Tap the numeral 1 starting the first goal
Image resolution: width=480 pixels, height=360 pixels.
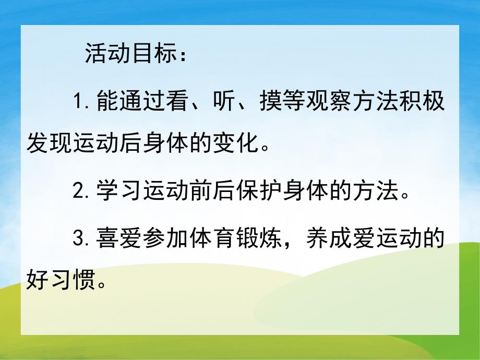[x=79, y=101]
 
